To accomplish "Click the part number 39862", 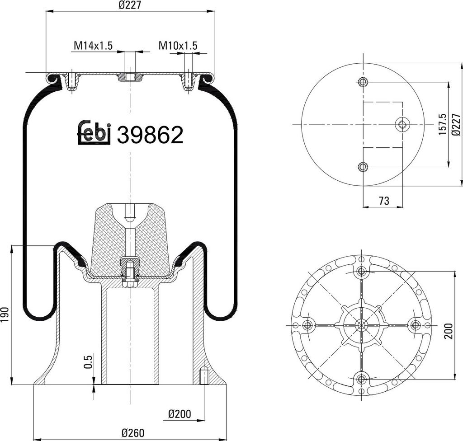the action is tap(150, 135).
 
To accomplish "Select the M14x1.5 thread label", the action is tap(93, 46).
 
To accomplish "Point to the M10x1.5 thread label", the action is tap(178, 46).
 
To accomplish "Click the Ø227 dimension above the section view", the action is tap(130, 5).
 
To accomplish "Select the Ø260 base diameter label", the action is tap(133, 433).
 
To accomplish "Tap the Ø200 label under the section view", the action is tap(180, 414).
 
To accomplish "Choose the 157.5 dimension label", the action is tap(443, 124).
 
